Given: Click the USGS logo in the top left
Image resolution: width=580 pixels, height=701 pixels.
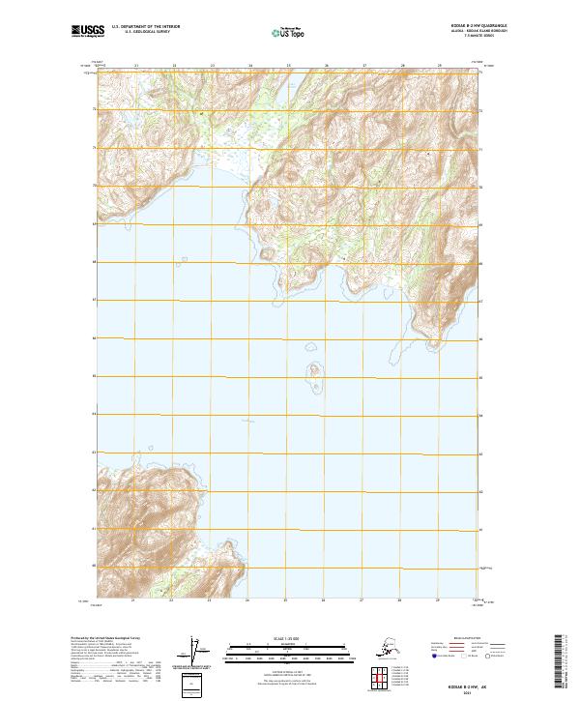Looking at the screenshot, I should click(x=88, y=32).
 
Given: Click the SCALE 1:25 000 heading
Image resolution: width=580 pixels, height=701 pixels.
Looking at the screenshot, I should click(x=289, y=639).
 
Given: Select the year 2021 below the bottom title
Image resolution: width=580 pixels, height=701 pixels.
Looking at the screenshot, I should click(x=477, y=688).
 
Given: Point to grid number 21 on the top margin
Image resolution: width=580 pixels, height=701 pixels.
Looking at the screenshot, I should click(x=136, y=66).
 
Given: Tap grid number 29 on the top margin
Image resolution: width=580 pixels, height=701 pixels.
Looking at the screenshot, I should click(x=441, y=66).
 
